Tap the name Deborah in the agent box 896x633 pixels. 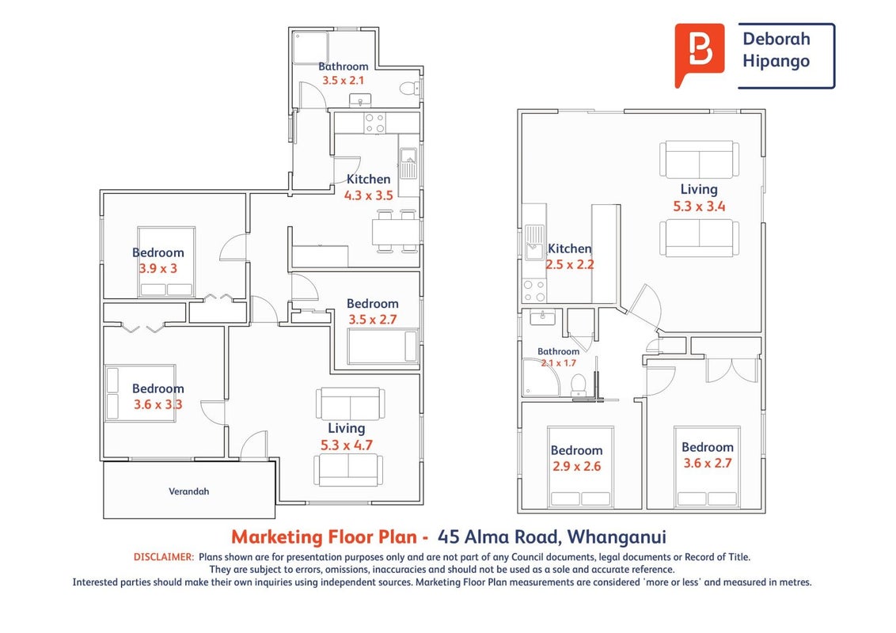(x=776, y=39)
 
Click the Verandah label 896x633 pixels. (x=188, y=491)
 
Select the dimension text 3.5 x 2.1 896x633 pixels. (x=343, y=81)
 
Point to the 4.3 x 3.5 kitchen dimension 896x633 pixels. (x=369, y=195)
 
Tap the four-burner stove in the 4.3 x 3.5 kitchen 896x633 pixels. (x=374, y=123)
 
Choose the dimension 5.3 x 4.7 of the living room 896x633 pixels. (x=346, y=445)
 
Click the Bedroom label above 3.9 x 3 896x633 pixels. (x=158, y=252)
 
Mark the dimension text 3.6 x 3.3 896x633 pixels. (x=158, y=404)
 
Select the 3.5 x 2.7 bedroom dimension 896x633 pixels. (x=373, y=320)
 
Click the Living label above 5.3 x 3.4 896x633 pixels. (x=699, y=190)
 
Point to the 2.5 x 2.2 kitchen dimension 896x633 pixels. (x=570, y=264)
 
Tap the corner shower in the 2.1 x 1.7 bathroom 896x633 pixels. (x=541, y=377)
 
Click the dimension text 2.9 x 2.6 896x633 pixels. (x=576, y=466)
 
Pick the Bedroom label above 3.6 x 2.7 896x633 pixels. (x=708, y=447)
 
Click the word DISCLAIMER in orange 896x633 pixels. (x=164, y=557)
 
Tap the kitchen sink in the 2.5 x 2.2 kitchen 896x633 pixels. (x=535, y=242)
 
